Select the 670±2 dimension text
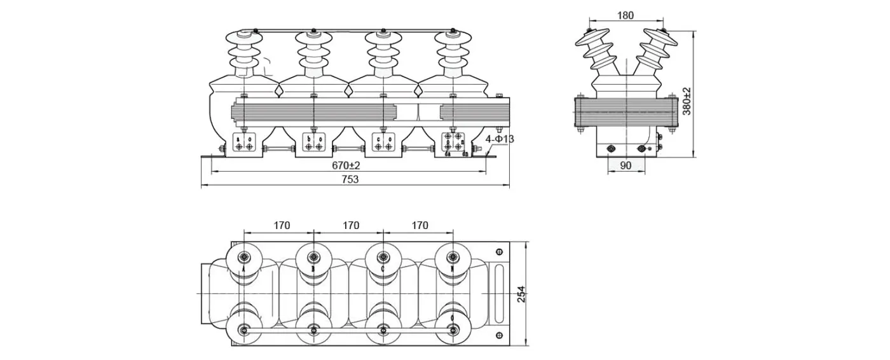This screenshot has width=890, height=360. (346, 165)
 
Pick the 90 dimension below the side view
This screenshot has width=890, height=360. (626, 165)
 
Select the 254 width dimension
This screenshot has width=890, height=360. (521, 293)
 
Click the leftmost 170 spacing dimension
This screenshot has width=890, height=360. (282, 225)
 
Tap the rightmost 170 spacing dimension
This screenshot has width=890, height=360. (420, 225)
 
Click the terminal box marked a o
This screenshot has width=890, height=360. (245, 143)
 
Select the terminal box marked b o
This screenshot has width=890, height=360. (314, 143)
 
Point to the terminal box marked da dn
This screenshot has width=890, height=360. (453, 144)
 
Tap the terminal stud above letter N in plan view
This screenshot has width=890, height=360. (452, 258)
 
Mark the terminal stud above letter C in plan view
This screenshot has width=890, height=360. (383, 258)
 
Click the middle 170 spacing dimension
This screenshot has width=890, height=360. (351, 225)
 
